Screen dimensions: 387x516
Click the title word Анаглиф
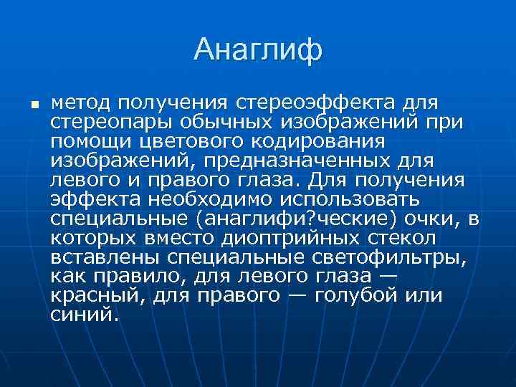click(258, 50)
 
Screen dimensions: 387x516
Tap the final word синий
click(82, 315)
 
